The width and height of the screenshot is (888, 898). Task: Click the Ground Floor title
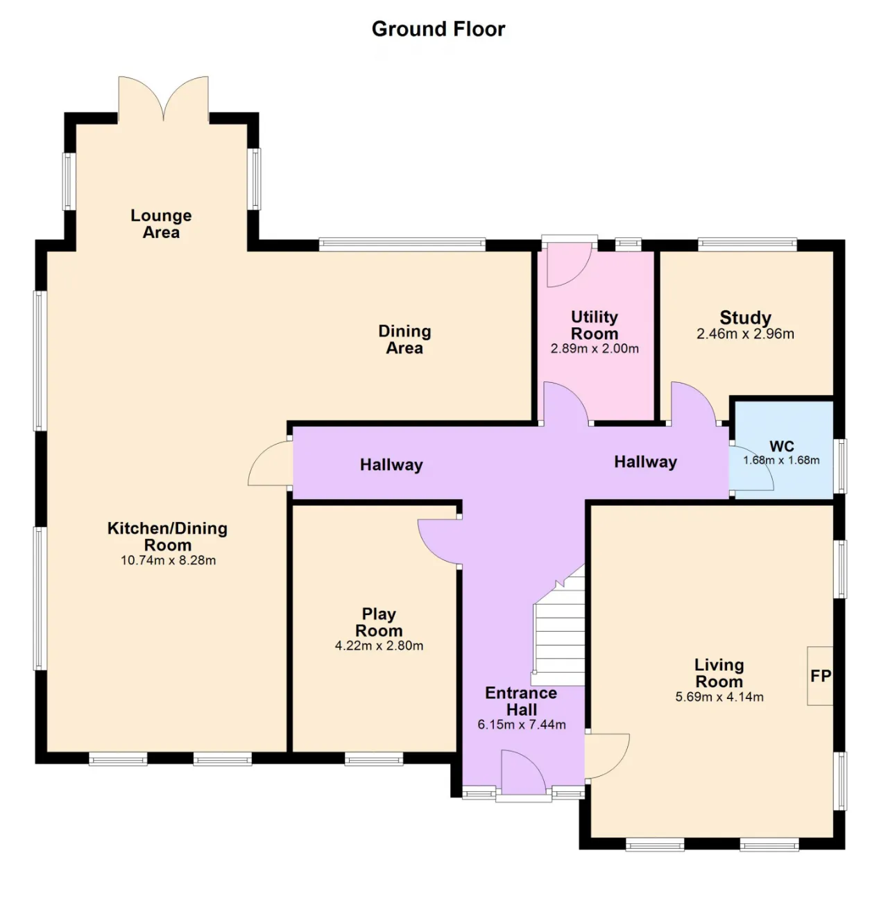click(438, 29)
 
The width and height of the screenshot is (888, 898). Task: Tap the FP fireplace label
click(821, 675)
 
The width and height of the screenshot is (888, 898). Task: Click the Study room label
click(745, 318)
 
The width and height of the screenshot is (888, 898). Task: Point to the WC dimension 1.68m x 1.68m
click(781, 460)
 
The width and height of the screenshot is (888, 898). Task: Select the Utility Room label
click(595, 325)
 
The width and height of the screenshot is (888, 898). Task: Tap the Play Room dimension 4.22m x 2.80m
click(379, 646)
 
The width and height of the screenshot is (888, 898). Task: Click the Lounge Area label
click(161, 224)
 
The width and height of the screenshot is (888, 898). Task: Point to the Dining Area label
click(404, 339)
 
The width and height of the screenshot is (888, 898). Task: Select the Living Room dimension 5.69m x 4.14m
click(719, 697)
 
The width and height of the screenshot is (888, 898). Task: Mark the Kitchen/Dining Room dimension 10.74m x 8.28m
click(169, 560)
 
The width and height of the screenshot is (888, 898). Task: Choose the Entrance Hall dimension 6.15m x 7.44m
click(522, 725)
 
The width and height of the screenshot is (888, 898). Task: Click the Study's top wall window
click(747, 243)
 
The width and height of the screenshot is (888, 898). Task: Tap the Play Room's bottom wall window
click(374, 759)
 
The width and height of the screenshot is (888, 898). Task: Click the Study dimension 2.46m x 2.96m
click(745, 334)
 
